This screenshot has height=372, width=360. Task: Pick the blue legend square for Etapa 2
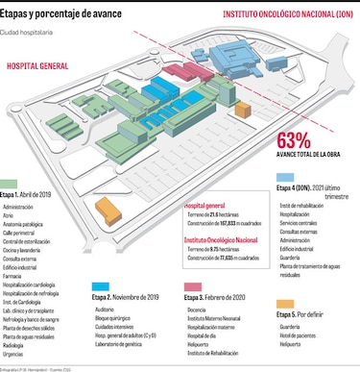(99, 285)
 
